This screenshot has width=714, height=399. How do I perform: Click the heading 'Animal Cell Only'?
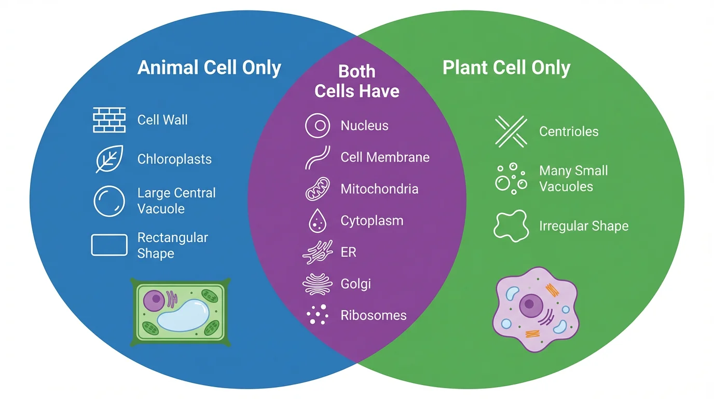click(209, 68)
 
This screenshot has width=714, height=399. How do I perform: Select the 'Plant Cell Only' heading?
click(506, 68)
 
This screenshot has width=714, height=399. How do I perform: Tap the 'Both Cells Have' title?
click(357, 81)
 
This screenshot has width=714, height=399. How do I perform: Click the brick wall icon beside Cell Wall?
click(109, 120)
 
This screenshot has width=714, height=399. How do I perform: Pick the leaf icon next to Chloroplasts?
click(109, 159)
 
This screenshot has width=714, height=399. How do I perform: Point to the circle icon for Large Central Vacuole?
click(109, 201)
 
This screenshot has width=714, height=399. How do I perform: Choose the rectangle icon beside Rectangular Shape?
click(109, 245)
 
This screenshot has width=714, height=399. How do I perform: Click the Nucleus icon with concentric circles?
click(318, 126)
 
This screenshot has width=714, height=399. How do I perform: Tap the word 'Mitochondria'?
click(379, 189)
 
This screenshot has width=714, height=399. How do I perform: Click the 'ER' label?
click(348, 252)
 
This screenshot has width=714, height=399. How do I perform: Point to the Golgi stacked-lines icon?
click(317, 284)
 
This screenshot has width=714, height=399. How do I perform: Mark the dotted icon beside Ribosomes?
click(318, 315)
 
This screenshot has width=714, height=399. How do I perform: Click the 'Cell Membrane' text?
click(385, 157)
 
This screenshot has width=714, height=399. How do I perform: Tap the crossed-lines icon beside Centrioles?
click(511, 131)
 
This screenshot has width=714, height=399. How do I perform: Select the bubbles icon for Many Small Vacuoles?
click(511, 178)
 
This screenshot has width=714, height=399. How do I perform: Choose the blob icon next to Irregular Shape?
click(511, 225)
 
